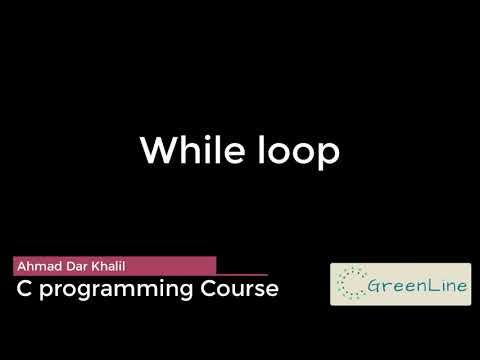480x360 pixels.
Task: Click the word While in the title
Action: pos(187,151)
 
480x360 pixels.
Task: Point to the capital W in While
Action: pos(159,151)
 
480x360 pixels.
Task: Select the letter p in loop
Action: pos(328,154)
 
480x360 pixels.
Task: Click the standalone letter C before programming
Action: pos(23,289)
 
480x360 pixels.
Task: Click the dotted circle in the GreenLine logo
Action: pos(351,284)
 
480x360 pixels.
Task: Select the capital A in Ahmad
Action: pos(21,265)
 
